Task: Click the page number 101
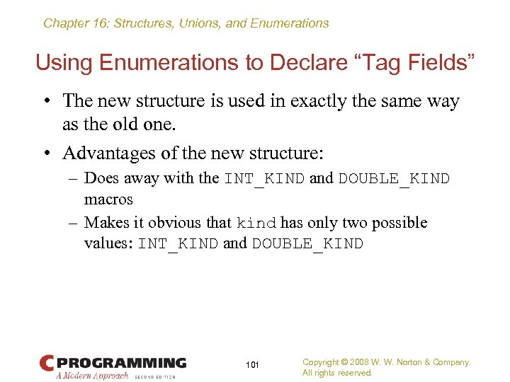[252, 365]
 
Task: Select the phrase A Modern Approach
[92, 376]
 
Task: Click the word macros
[108, 200]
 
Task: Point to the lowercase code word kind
[256, 224]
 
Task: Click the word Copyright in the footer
[320, 362]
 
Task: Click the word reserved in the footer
[354, 373]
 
